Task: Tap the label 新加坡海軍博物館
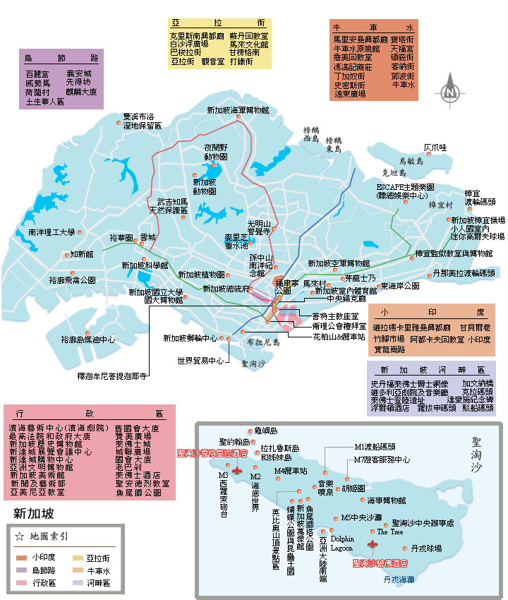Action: [238, 110]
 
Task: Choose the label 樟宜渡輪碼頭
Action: [480, 197]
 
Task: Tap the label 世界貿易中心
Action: [200, 361]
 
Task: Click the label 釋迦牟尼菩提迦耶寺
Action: [112, 376]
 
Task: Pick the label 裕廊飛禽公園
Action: [72, 280]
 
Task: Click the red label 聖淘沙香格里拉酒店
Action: [212, 452]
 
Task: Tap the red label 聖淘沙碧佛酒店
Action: [380, 563]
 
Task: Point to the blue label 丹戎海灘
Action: [399, 579]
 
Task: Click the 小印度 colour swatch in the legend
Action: [20, 558]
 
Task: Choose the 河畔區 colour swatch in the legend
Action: [78, 583]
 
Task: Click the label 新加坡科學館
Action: [145, 265]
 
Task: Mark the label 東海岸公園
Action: [400, 286]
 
